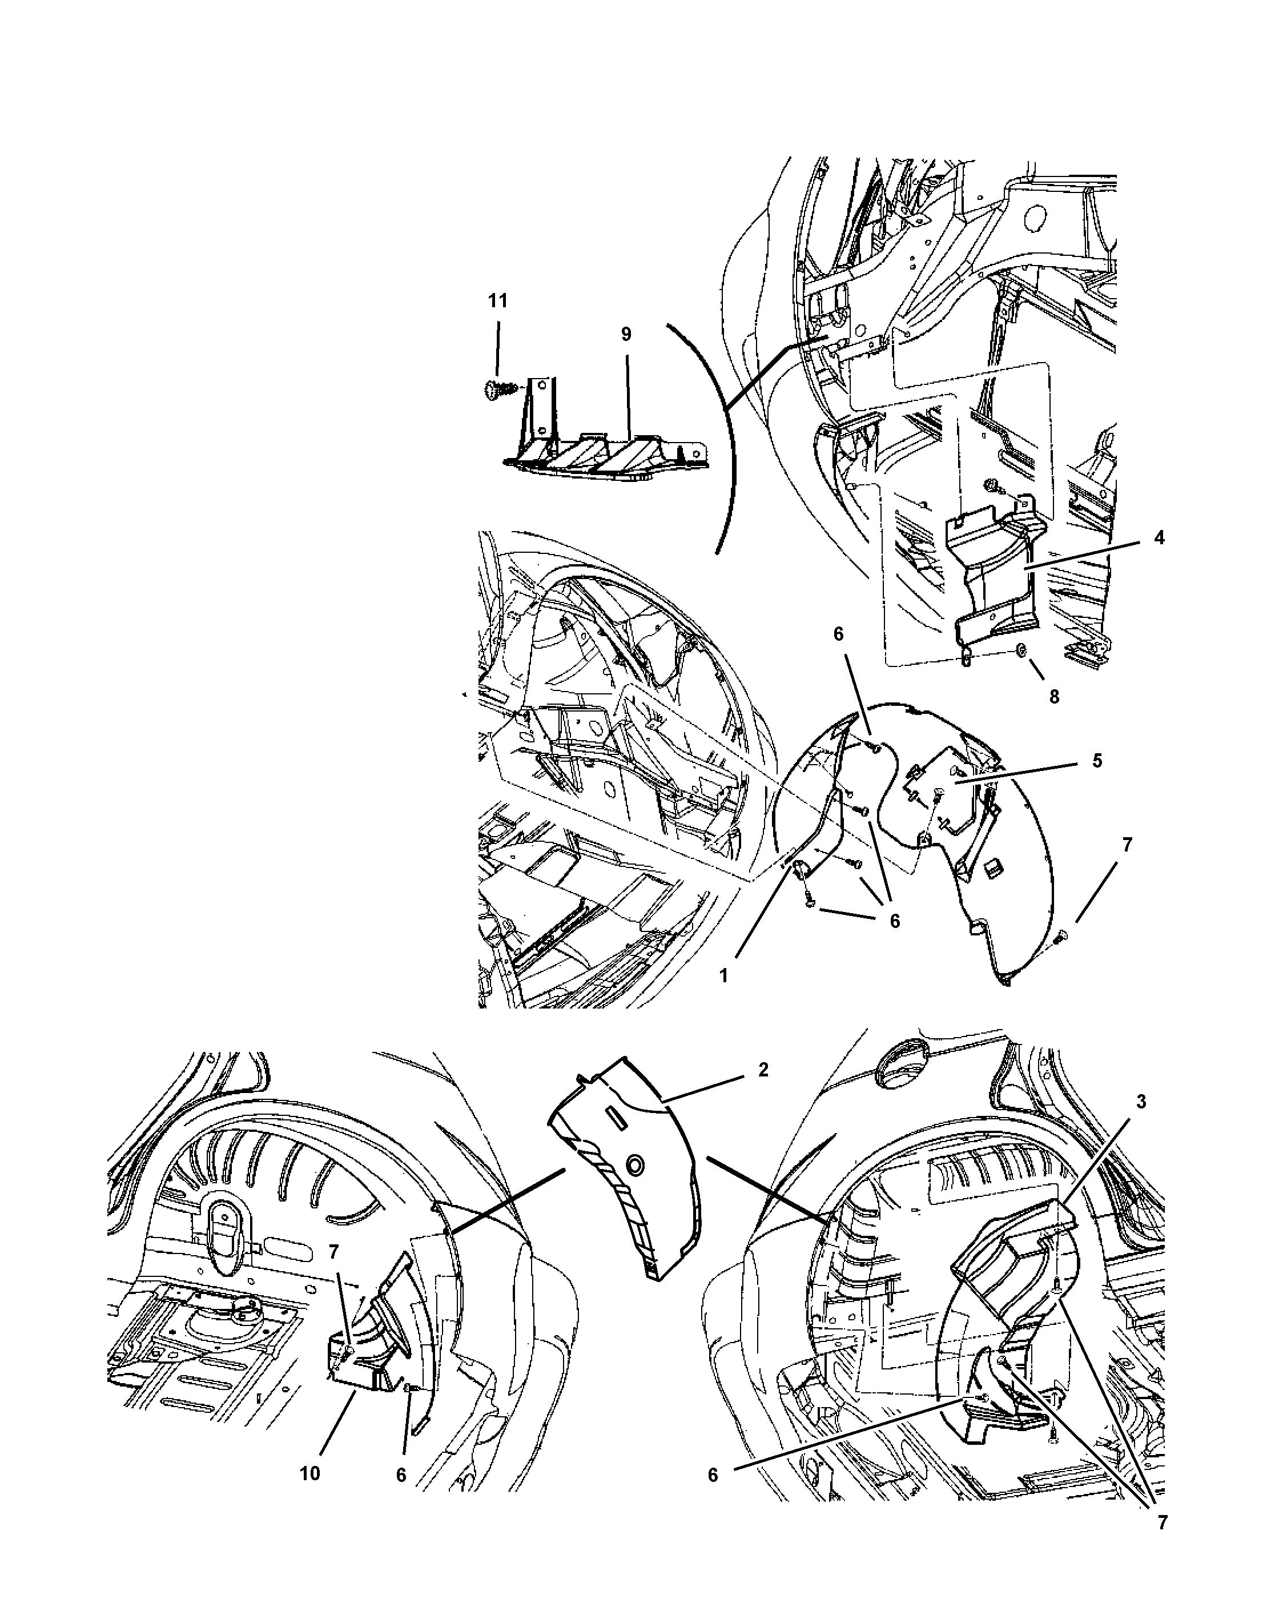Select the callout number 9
[626, 335]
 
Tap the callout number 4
[1159, 538]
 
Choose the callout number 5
[1097, 761]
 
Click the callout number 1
[723, 976]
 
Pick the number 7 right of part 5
[1127, 844]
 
